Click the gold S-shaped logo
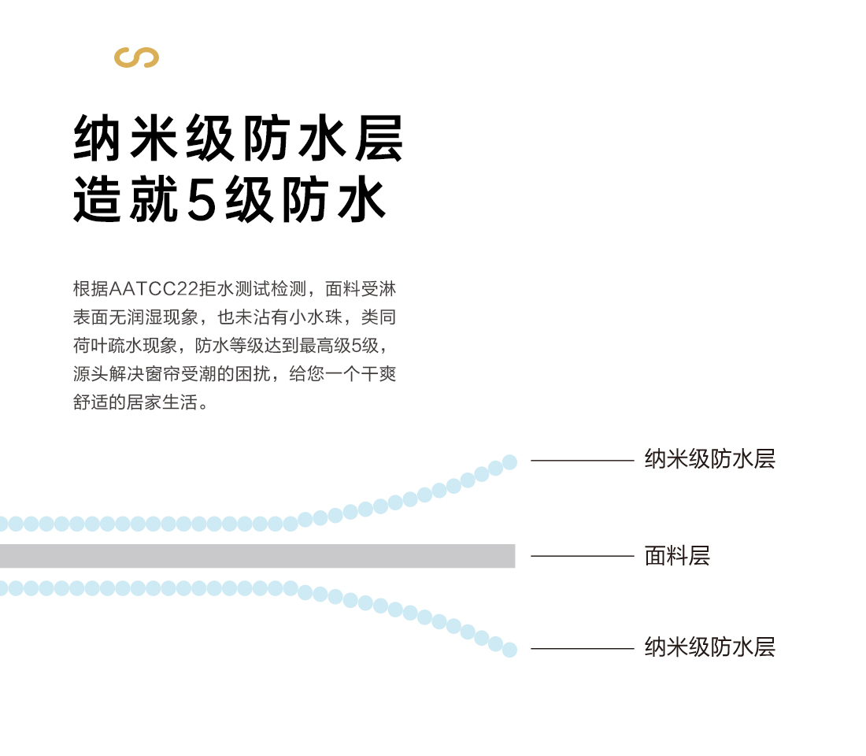point(136,57)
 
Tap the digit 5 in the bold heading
point(202,200)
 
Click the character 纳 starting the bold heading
point(97,138)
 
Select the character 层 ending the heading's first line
point(379,138)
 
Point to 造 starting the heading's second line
point(97,199)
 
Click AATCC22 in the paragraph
point(154,288)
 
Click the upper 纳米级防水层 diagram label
point(709,459)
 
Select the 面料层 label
point(677,556)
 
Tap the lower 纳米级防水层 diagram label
point(709,647)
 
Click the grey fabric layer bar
point(257,556)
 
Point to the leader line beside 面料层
point(582,556)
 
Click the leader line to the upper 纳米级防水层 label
point(582,460)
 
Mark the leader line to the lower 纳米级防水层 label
point(582,648)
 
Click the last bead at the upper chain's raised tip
point(510,462)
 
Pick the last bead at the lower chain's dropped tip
point(510,650)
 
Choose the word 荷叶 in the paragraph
point(91,346)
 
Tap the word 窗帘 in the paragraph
point(162,374)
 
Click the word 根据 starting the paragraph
point(91,288)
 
